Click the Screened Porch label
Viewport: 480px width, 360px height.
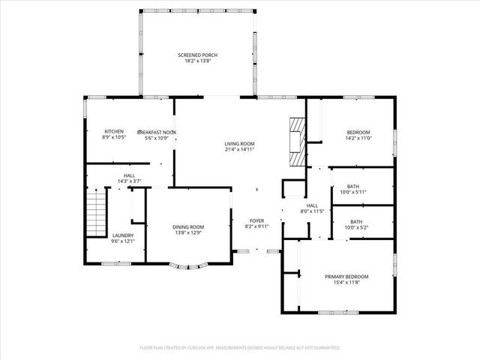tap(198, 55)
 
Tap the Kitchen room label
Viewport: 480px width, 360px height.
tap(113, 131)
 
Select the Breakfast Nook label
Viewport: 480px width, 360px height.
tap(157, 131)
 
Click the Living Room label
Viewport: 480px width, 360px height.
tap(239, 143)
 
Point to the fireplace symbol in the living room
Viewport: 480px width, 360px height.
tap(298, 140)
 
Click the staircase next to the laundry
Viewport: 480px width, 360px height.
tap(94, 212)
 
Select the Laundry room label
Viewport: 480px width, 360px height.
tap(123, 235)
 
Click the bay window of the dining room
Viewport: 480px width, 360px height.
tap(188, 264)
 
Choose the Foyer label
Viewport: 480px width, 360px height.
tap(256, 220)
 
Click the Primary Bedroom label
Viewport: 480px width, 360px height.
tap(346, 276)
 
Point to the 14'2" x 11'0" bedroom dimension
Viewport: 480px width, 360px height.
tap(358, 138)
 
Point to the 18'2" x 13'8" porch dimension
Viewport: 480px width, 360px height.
tap(198, 61)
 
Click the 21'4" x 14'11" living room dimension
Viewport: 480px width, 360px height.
tap(239, 149)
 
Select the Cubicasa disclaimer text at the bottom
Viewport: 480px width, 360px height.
tap(239, 347)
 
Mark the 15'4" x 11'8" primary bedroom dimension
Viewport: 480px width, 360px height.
tap(346, 282)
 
